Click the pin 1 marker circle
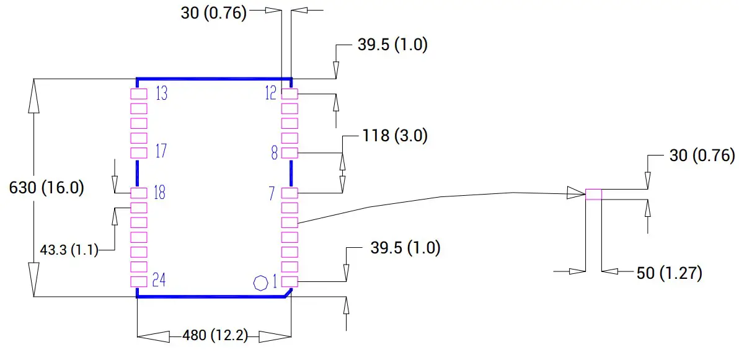click(261, 283)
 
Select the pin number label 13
click(161, 94)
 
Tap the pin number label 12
click(271, 94)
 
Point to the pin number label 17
click(161, 152)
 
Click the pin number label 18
click(159, 193)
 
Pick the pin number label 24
click(159, 281)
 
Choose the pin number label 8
click(274, 152)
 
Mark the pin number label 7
click(272, 193)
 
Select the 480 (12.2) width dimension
click(215, 336)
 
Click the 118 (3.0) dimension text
click(394, 136)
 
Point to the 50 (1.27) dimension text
click(669, 273)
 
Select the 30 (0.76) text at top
click(214, 13)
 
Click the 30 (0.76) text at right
click(702, 156)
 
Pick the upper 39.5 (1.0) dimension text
click(392, 45)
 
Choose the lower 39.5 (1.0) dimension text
click(405, 248)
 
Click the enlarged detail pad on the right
click(593, 195)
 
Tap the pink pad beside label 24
click(138, 282)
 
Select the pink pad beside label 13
click(138, 94)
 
